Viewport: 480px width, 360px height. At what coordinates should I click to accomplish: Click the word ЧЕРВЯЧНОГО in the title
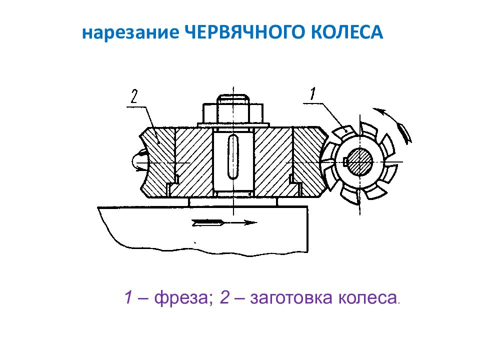(245, 32)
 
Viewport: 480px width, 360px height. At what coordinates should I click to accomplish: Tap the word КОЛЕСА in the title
(347, 32)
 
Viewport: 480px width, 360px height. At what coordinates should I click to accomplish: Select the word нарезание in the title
(130, 33)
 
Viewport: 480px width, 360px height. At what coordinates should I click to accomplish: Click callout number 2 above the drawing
(134, 96)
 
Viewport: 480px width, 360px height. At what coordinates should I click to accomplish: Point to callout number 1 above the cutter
(312, 93)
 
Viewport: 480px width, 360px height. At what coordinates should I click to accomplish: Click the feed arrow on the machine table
(224, 222)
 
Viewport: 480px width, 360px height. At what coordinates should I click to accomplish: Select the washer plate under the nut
(233, 125)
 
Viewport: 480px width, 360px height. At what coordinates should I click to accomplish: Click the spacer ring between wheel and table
(233, 201)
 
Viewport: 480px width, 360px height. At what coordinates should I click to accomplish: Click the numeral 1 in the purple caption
(128, 297)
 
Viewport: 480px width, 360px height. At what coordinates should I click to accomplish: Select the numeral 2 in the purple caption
(224, 297)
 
